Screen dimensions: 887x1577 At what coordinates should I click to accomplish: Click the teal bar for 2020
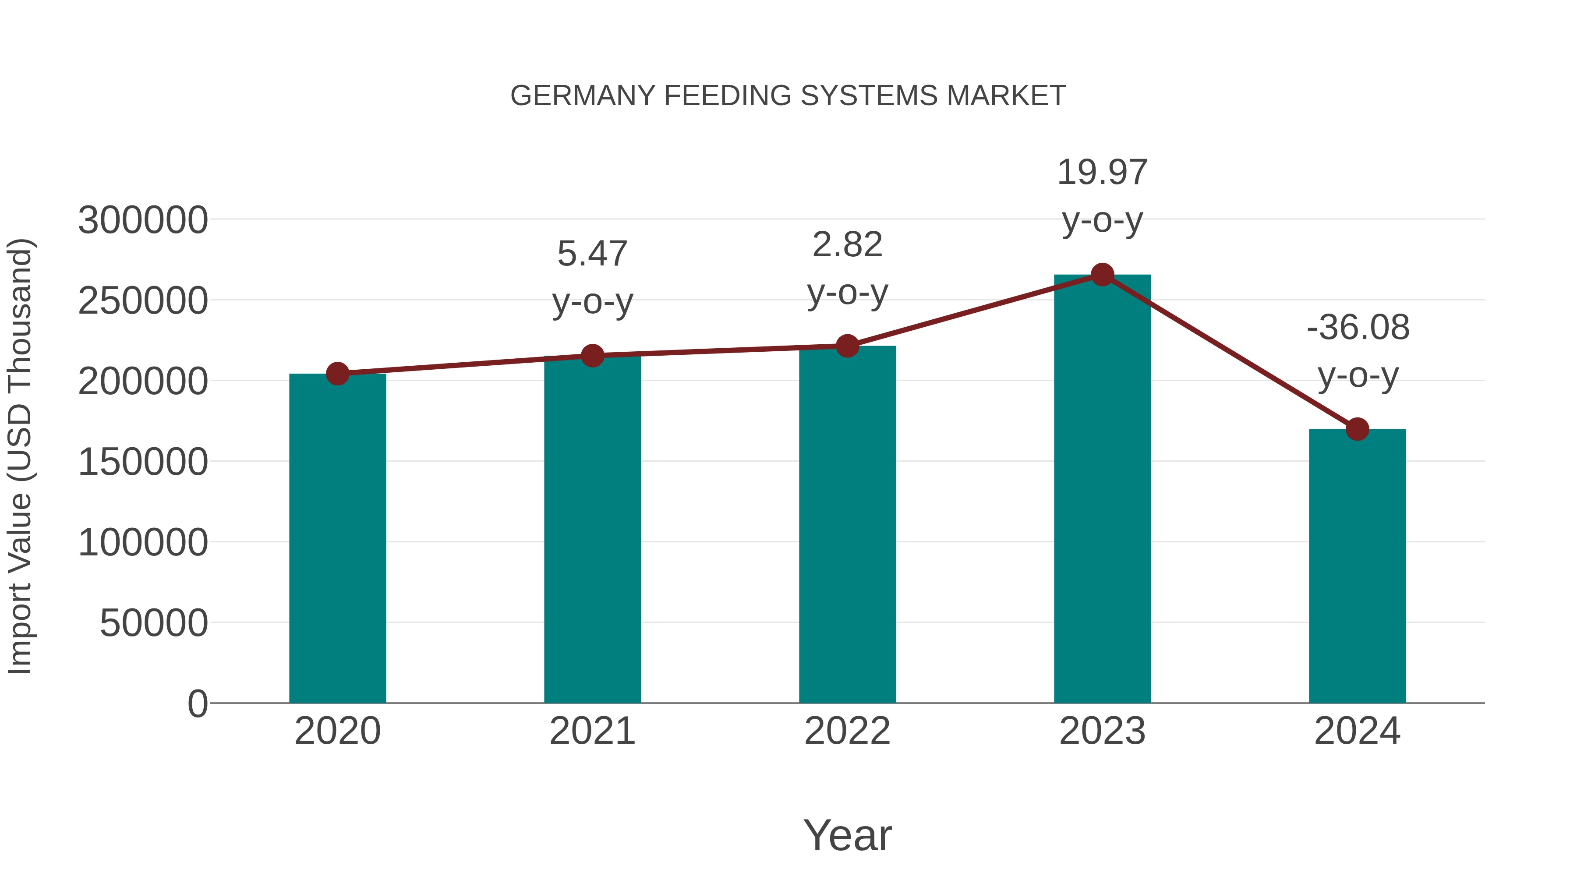pyautogui.click(x=337, y=539)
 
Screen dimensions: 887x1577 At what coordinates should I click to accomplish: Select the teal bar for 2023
pyautogui.click(x=1102, y=490)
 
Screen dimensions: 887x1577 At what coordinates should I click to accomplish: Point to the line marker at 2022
pyautogui.click(x=847, y=346)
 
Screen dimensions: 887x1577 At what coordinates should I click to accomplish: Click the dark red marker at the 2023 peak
pyautogui.click(x=1102, y=275)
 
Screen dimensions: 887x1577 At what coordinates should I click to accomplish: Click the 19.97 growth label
pyautogui.click(x=1102, y=173)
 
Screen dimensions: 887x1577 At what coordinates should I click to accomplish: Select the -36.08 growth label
pyautogui.click(x=1358, y=328)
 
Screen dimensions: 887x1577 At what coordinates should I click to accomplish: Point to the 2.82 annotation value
pyautogui.click(x=847, y=245)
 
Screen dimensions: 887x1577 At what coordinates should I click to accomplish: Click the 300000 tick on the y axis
pyautogui.click(x=143, y=220)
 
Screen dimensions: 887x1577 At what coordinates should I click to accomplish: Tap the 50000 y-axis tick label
pyautogui.click(x=154, y=624)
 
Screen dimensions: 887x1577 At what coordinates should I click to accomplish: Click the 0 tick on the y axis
pyautogui.click(x=198, y=704)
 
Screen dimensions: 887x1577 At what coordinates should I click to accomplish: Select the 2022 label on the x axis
pyautogui.click(x=847, y=731)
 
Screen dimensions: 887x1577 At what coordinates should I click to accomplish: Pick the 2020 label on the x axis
pyautogui.click(x=337, y=731)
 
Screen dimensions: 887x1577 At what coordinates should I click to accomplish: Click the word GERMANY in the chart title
pyautogui.click(x=582, y=96)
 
